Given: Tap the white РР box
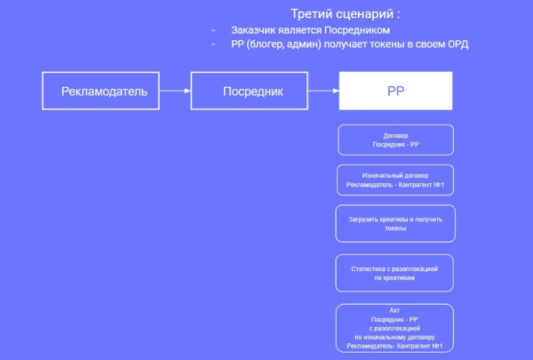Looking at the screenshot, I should point(395,91).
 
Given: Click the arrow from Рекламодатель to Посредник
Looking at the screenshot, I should point(175,91).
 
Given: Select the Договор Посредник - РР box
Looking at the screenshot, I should point(395,140).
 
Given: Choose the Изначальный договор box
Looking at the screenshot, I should point(395,180).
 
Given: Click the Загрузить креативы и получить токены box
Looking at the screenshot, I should point(395,223).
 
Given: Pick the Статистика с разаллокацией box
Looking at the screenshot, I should point(395,273).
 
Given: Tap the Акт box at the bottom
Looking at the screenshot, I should point(395,327).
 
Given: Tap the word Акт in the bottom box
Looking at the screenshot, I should point(395,309).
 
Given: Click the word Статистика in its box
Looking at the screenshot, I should point(371,268).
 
